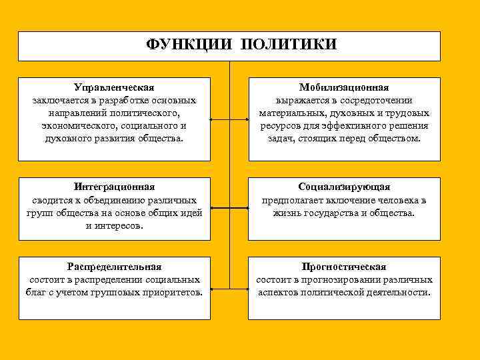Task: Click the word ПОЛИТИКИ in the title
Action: (289, 45)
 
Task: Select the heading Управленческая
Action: (114, 87)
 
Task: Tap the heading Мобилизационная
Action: (344, 87)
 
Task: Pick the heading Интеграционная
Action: (114, 187)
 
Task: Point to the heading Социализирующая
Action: (344, 187)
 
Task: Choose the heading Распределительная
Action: (114, 267)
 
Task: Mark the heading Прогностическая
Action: (344, 267)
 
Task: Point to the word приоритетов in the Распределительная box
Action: (173, 293)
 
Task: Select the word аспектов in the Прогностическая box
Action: (277, 293)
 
